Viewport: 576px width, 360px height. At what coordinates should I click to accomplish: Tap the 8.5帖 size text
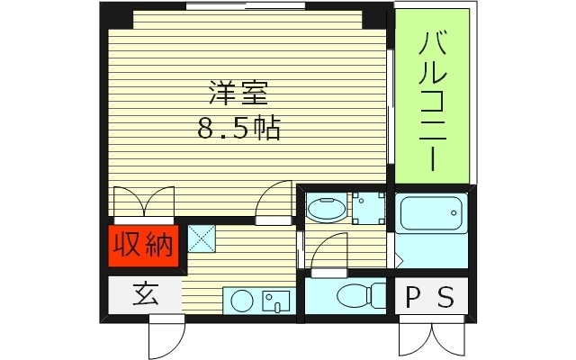click(239, 129)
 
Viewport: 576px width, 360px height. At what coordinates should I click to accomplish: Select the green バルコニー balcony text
click(435, 100)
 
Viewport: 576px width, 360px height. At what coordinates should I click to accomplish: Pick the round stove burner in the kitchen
click(238, 301)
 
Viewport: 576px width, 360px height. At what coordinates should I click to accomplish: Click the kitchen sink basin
click(274, 301)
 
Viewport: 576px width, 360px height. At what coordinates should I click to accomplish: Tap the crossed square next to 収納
click(201, 239)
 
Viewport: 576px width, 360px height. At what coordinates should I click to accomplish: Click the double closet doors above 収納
click(145, 203)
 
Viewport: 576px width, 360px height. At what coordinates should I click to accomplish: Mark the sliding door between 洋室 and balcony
click(390, 108)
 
